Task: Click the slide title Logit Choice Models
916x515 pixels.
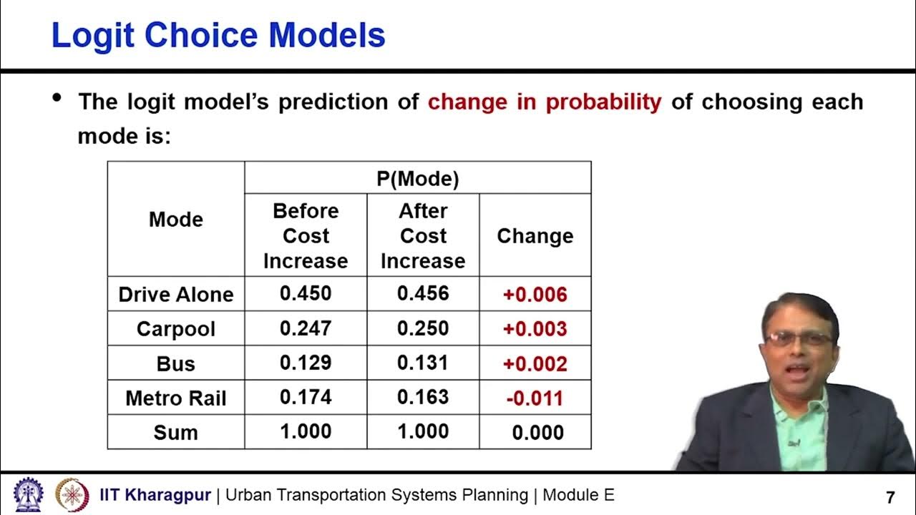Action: pyautogui.click(x=218, y=36)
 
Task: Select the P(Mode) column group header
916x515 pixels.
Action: pyautogui.click(x=418, y=179)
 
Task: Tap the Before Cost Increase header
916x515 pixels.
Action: pyautogui.click(x=306, y=235)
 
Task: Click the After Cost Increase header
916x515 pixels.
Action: pyautogui.click(x=423, y=235)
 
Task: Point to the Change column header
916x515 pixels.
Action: pyautogui.click(x=535, y=237)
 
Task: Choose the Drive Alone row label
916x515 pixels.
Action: pyautogui.click(x=176, y=295)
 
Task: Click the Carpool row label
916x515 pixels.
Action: pyautogui.click(x=176, y=329)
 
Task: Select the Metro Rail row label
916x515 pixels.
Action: pyautogui.click(x=176, y=398)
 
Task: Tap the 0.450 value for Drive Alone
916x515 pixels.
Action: pyautogui.click(x=306, y=294)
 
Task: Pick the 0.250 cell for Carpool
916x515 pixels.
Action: pyautogui.click(x=423, y=328)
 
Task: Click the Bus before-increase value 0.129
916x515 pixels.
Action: pyautogui.click(x=306, y=363)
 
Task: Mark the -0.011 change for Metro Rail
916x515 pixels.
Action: pyautogui.click(x=535, y=398)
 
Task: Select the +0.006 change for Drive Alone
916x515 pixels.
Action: pyautogui.click(x=535, y=295)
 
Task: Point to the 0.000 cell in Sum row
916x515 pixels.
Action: pyautogui.click(x=537, y=433)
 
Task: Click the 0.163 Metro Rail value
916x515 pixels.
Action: pyautogui.click(x=423, y=397)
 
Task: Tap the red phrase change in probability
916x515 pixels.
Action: pyautogui.click(x=545, y=102)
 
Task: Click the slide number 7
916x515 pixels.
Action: pyautogui.click(x=890, y=497)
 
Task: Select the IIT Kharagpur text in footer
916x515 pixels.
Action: pyautogui.click(x=155, y=495)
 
